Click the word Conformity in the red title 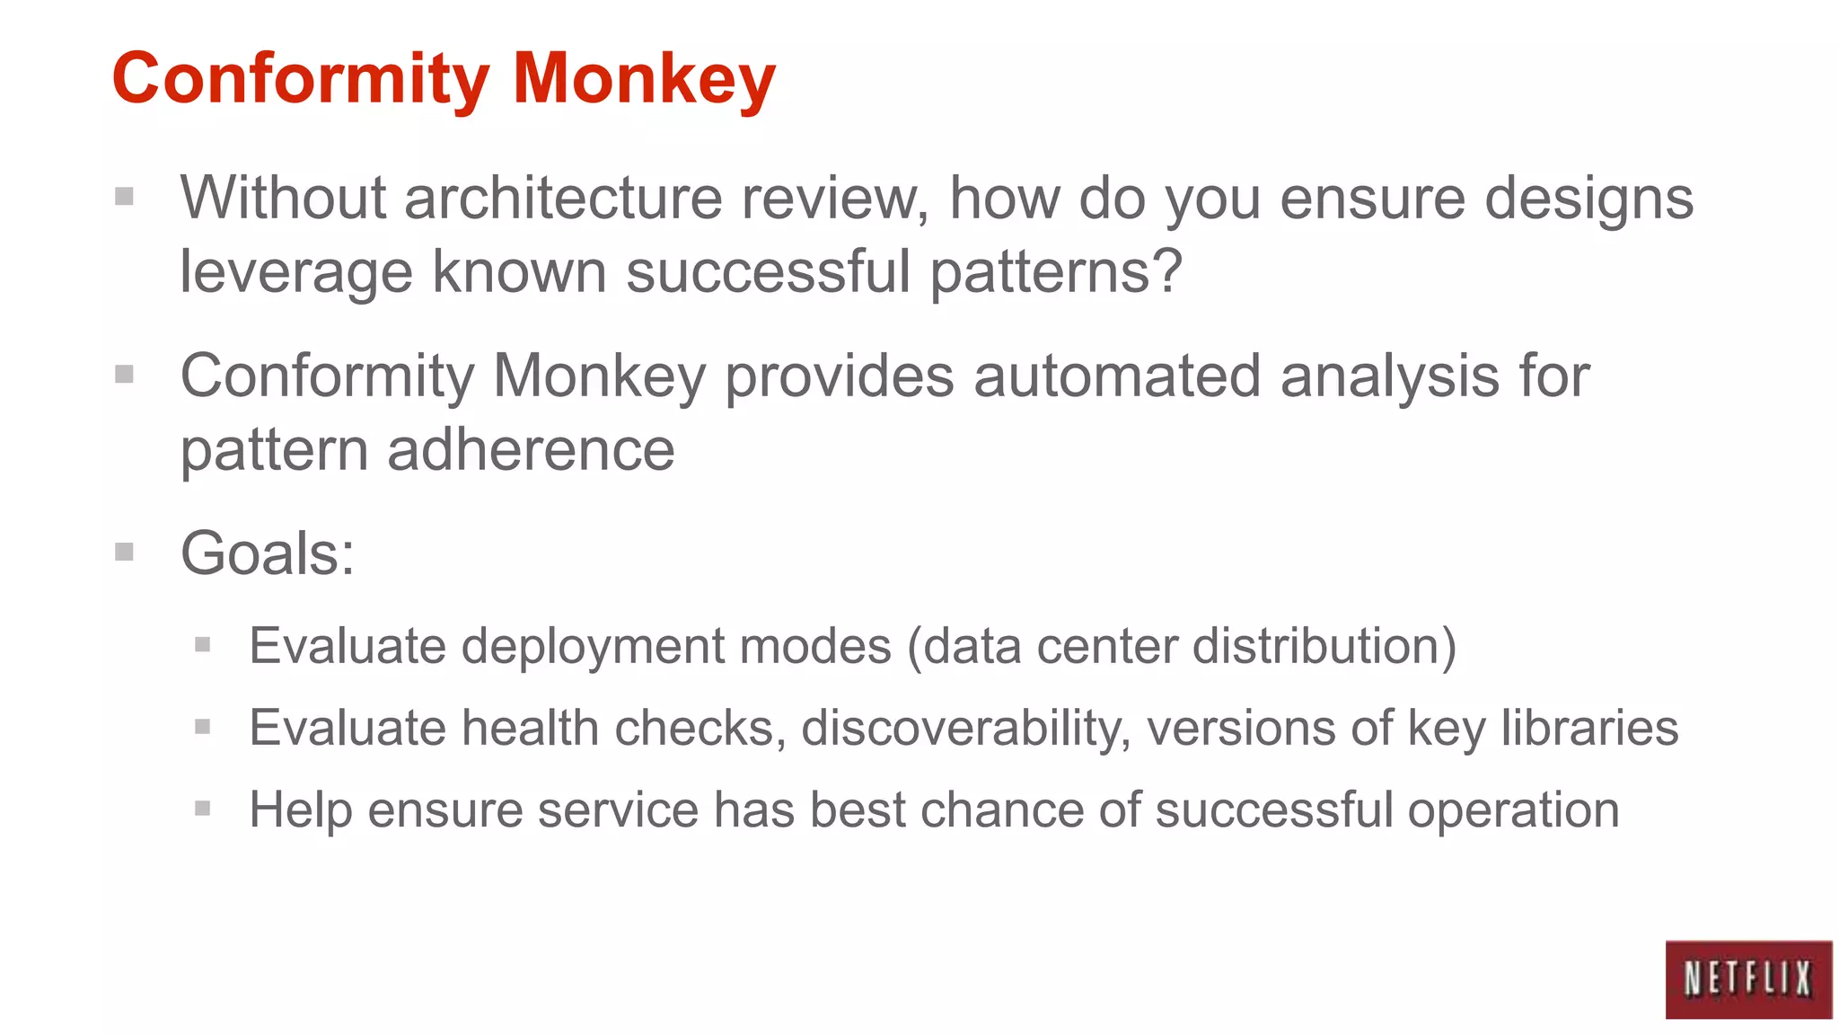pyautogui.click(x=301, y=79)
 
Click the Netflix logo pyautogui.click(x=1747, y=978)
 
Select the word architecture pyautogui.click(x=563, y=198)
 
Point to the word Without pyautogui.click(x=283, y=198)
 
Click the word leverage pyautogui.click(x=296, y=272)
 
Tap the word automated pyautogui.click(x=1117, y=376)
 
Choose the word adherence pyautogui.click(x=531, y=449)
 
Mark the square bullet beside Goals pyautogui.click(x=124, y=552)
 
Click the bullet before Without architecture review pyautogui.click(x=124, y=196)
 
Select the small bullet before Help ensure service pyautogui.click(x=202, y=809)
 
